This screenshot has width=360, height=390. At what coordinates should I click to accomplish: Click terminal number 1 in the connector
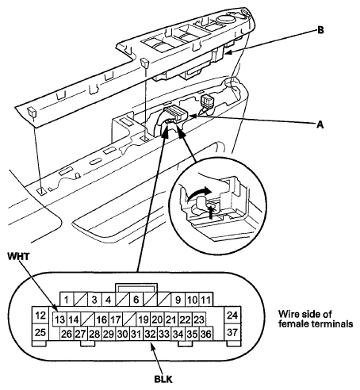[67, 300]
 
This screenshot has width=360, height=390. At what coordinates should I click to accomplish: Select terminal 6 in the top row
[136, 300]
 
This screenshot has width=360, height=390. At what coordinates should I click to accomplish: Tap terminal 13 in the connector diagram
[60, 319]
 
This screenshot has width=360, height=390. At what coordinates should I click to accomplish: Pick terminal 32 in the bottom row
[150, 334]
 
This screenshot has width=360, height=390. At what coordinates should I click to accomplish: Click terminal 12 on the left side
[40, 315]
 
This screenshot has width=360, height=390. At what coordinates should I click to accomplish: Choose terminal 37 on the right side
[232, 332]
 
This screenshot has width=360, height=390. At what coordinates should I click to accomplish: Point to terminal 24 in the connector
[232, 315]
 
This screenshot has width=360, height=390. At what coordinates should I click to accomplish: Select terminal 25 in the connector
[40, 332]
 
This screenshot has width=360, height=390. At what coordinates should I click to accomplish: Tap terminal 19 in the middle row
[143, 319]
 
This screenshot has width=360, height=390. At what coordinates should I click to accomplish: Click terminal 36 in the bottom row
[206, 334]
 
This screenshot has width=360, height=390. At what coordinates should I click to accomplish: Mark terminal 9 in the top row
[178, 300]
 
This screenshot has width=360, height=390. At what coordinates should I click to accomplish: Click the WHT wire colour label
[18, 256]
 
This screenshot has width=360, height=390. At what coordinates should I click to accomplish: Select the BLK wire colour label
[163, 379]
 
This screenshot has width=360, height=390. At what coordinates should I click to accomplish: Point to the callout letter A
[320, 124]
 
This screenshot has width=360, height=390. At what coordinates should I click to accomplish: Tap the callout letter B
[320, 30]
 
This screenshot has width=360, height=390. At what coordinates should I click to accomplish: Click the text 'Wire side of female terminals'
[316, 319]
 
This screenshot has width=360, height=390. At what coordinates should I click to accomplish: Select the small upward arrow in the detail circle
[211, 212]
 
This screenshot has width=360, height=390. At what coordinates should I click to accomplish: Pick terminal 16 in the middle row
[101, 319]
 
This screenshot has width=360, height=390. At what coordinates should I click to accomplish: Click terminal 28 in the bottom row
[94, 334]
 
